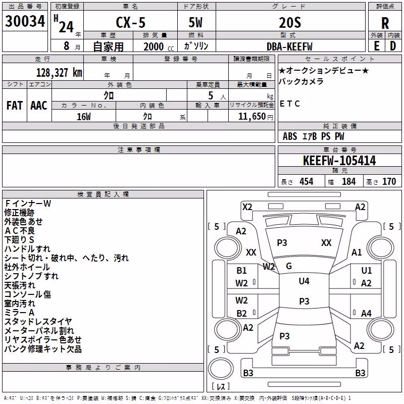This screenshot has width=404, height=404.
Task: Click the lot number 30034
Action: pos(25,21)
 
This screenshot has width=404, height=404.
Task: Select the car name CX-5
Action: pos(131,22)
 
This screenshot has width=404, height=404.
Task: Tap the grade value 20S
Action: pos(290,22)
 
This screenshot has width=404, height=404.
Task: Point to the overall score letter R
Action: pos(385,23)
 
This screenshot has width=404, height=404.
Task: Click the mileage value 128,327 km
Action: pos(59,73)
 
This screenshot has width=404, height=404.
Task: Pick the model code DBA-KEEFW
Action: pos(289,46)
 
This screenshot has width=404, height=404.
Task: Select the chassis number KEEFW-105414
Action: pos(339,161)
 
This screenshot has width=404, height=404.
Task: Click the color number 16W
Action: pos(84,117)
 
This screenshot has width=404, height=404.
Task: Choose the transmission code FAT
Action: pos(15,106)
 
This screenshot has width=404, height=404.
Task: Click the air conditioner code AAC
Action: pos(39,106)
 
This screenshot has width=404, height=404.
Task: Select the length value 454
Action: pos(307,181)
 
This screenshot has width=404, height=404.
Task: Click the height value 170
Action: pos(389,181)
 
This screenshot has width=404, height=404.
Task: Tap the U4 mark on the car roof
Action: pos(304,281)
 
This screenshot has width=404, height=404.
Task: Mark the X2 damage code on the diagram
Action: pos(247,207)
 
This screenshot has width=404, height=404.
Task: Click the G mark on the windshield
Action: pos(289,266)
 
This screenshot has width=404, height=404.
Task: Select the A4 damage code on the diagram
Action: pos(366,313)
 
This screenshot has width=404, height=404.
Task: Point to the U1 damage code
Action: pos(367,270)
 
